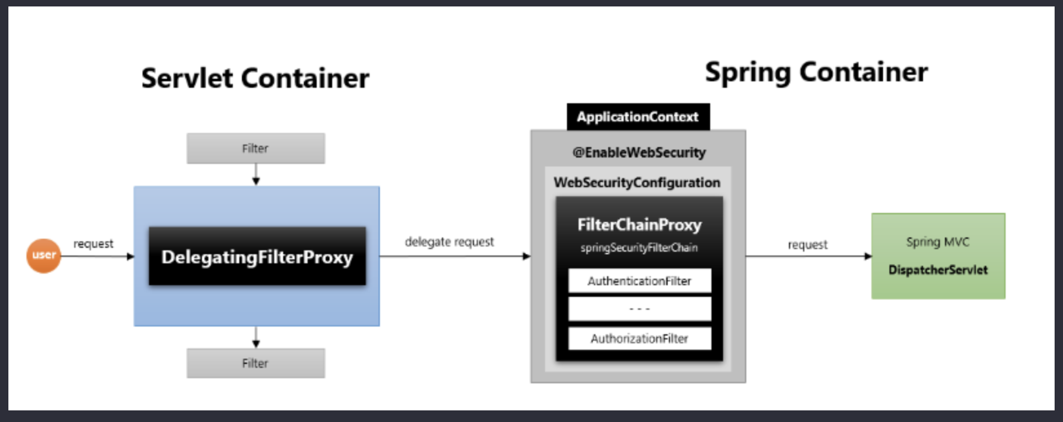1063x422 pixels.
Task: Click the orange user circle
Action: [44, 256]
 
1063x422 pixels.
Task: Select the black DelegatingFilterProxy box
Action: [257, 256]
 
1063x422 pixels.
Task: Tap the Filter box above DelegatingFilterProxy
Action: [256, 148]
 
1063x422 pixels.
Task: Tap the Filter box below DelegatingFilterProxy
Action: [256, 364]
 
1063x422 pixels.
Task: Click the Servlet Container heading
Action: [255, 78]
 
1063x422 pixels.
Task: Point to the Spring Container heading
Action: [816, 73]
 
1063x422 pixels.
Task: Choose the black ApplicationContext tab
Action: [639, 117]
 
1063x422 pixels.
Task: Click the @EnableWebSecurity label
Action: [639, 152]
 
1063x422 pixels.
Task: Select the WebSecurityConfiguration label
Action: [637, 183]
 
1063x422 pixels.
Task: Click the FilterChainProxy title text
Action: [639, 225]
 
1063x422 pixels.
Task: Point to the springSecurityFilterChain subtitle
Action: [639, 248]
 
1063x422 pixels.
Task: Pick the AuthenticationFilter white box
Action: [640, 281]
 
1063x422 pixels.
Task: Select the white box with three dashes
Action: [640, 309]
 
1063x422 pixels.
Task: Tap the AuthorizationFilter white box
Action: [640, 339]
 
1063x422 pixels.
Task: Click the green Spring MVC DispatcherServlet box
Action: [939, 256]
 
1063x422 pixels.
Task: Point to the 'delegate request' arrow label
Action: [450, 242]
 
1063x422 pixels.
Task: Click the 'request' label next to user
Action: [94, 244]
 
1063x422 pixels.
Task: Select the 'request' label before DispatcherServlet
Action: [808, 245]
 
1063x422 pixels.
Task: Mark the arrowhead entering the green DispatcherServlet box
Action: [868, 256]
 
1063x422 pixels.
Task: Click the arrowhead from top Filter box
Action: [256, 181]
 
